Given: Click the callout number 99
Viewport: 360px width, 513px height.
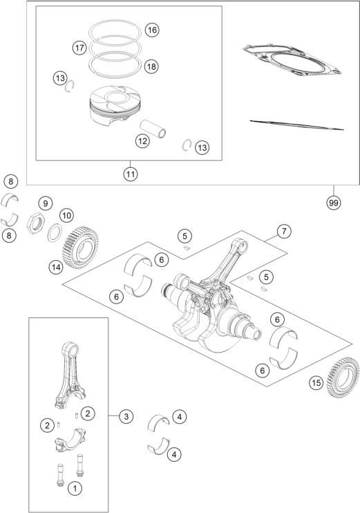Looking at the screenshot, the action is tap(333, 203).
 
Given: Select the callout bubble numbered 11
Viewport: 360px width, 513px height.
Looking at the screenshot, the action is tap(131, 174).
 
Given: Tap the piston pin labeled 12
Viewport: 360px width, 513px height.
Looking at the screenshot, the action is tap(153, 129).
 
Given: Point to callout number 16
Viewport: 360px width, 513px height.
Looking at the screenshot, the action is tap(152, 30).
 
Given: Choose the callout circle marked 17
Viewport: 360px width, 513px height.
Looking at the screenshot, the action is tap(79, 48).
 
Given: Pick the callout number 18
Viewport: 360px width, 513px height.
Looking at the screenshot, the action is tap(151, 67).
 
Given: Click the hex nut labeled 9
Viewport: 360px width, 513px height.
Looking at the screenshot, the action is tap(35, 223).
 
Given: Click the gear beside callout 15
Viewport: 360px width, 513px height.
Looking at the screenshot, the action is tap(343, 378).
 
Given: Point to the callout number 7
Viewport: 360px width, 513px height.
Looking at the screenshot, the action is tap(284, 232).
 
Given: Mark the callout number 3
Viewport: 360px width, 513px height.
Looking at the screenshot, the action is tap(126, 416).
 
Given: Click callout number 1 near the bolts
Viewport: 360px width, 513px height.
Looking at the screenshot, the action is tap(75, 489).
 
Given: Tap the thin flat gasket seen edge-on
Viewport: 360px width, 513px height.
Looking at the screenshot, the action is tap(296, 124).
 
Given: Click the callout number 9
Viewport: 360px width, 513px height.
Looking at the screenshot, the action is tap(45, 203).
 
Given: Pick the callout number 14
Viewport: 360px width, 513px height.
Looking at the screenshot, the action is tap(56, 268).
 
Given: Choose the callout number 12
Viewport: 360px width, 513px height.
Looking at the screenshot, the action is tap(142, 141).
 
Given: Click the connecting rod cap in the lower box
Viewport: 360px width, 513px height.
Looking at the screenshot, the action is tap(70, 440).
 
